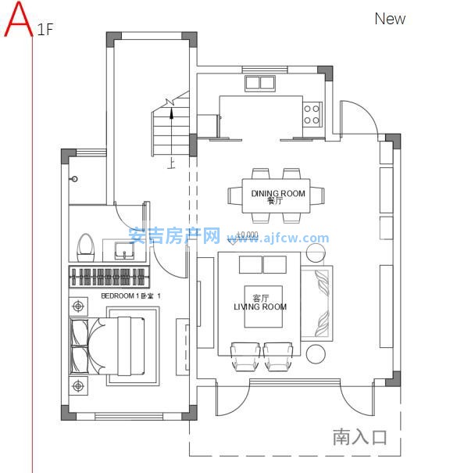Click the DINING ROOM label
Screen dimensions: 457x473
click(x=278, y=193)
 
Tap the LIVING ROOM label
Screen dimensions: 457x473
click(x=260, y=306)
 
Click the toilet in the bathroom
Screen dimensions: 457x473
click(x=86, y=248)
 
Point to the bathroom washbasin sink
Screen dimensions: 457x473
click(x=124, y=250)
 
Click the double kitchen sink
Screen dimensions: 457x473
click(x=260, y=83)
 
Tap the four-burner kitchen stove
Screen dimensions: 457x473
click(x=312, y=115)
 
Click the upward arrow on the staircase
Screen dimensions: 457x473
click(x=172, y=133)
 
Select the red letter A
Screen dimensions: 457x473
click(x=19, y=20)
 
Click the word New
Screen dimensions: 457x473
click(x=390, y=19)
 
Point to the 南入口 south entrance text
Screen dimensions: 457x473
click(x=359, y=436)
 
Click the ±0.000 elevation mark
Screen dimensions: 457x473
click(x=247, y=235)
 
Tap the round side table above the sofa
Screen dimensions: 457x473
click(x=316, y=253)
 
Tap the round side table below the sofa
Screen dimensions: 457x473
click(x=316, y=354)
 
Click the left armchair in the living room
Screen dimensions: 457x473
click(x=245, y=357)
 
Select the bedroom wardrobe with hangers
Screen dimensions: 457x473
click(x=109, y=277)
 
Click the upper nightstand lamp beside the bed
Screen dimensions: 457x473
click(x=78, y=306)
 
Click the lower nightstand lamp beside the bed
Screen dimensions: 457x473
click(x=78, y=385)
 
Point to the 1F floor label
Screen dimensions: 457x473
click(x=45, y=30)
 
